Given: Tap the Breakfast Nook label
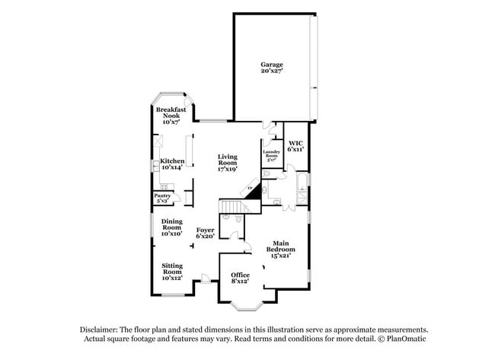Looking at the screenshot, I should pos(171,114).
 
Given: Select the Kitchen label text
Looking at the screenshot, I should pos(172,161).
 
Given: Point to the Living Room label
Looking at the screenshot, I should pos(228,161).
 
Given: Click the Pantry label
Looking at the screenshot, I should pos(163,196).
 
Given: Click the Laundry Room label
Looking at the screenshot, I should pos(273,154).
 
